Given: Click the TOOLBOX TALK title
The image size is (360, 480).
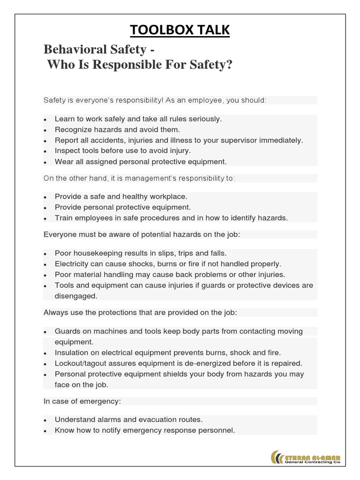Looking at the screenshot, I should click(x=180, y=30).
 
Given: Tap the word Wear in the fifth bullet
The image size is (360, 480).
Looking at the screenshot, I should click(x=63, y=162).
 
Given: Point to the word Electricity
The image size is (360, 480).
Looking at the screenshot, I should click(x=72, y=264).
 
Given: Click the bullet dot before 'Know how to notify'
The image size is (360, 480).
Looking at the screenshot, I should click(x=45, y=431).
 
